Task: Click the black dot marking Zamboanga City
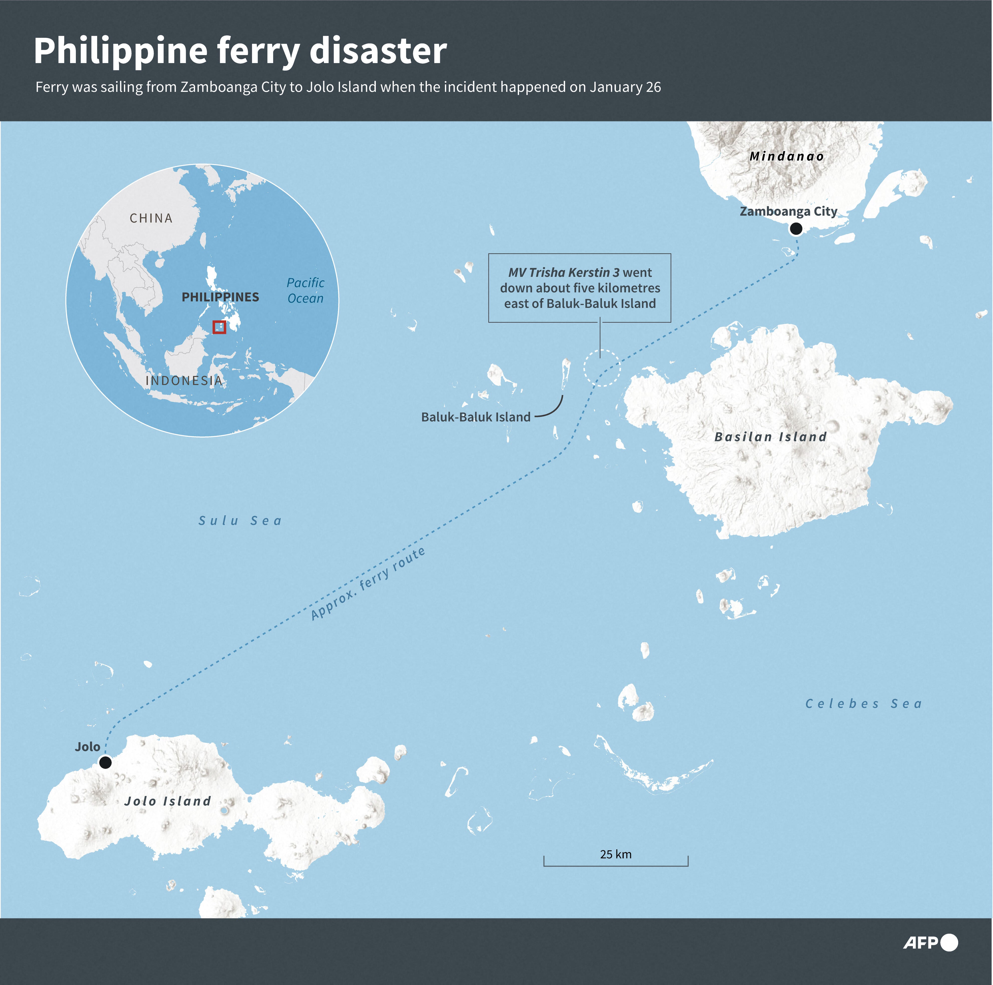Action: coord(796,229)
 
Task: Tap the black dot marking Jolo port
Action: coord(105,762)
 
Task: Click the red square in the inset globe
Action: coord(220,327)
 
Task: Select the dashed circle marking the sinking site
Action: coord(602,368)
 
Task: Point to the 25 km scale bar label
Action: coord(616,854)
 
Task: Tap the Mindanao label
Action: coord(786,156)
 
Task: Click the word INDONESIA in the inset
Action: coord(184,381)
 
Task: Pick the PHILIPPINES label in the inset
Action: coord(221,297)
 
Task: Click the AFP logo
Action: coord(930,942)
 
